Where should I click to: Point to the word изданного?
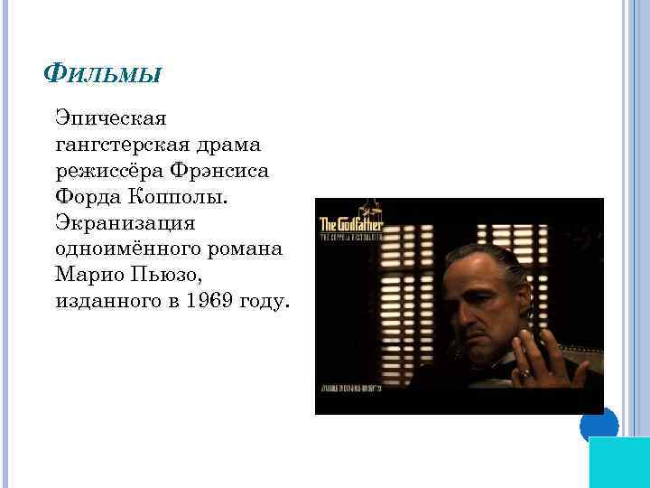pos(107,301)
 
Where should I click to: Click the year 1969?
pos(202,301)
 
